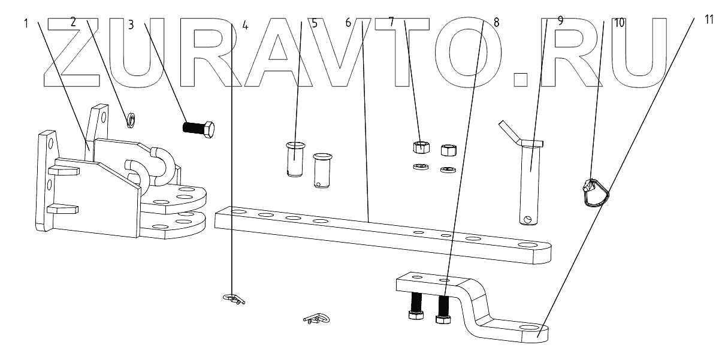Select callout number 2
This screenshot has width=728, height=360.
click(x=73, y=22)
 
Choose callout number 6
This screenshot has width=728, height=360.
click(x=348, y=22)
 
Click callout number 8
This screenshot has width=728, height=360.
click(x=496, y=21)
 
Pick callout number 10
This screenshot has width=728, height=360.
click(x=619, y=22)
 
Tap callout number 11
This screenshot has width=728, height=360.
click(x=709, y=19)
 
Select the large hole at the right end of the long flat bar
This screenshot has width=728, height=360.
click(x=527, y=246)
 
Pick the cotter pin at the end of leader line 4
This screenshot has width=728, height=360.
click(x=234, y=298)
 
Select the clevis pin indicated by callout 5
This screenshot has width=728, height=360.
click(x=295, y=159)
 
